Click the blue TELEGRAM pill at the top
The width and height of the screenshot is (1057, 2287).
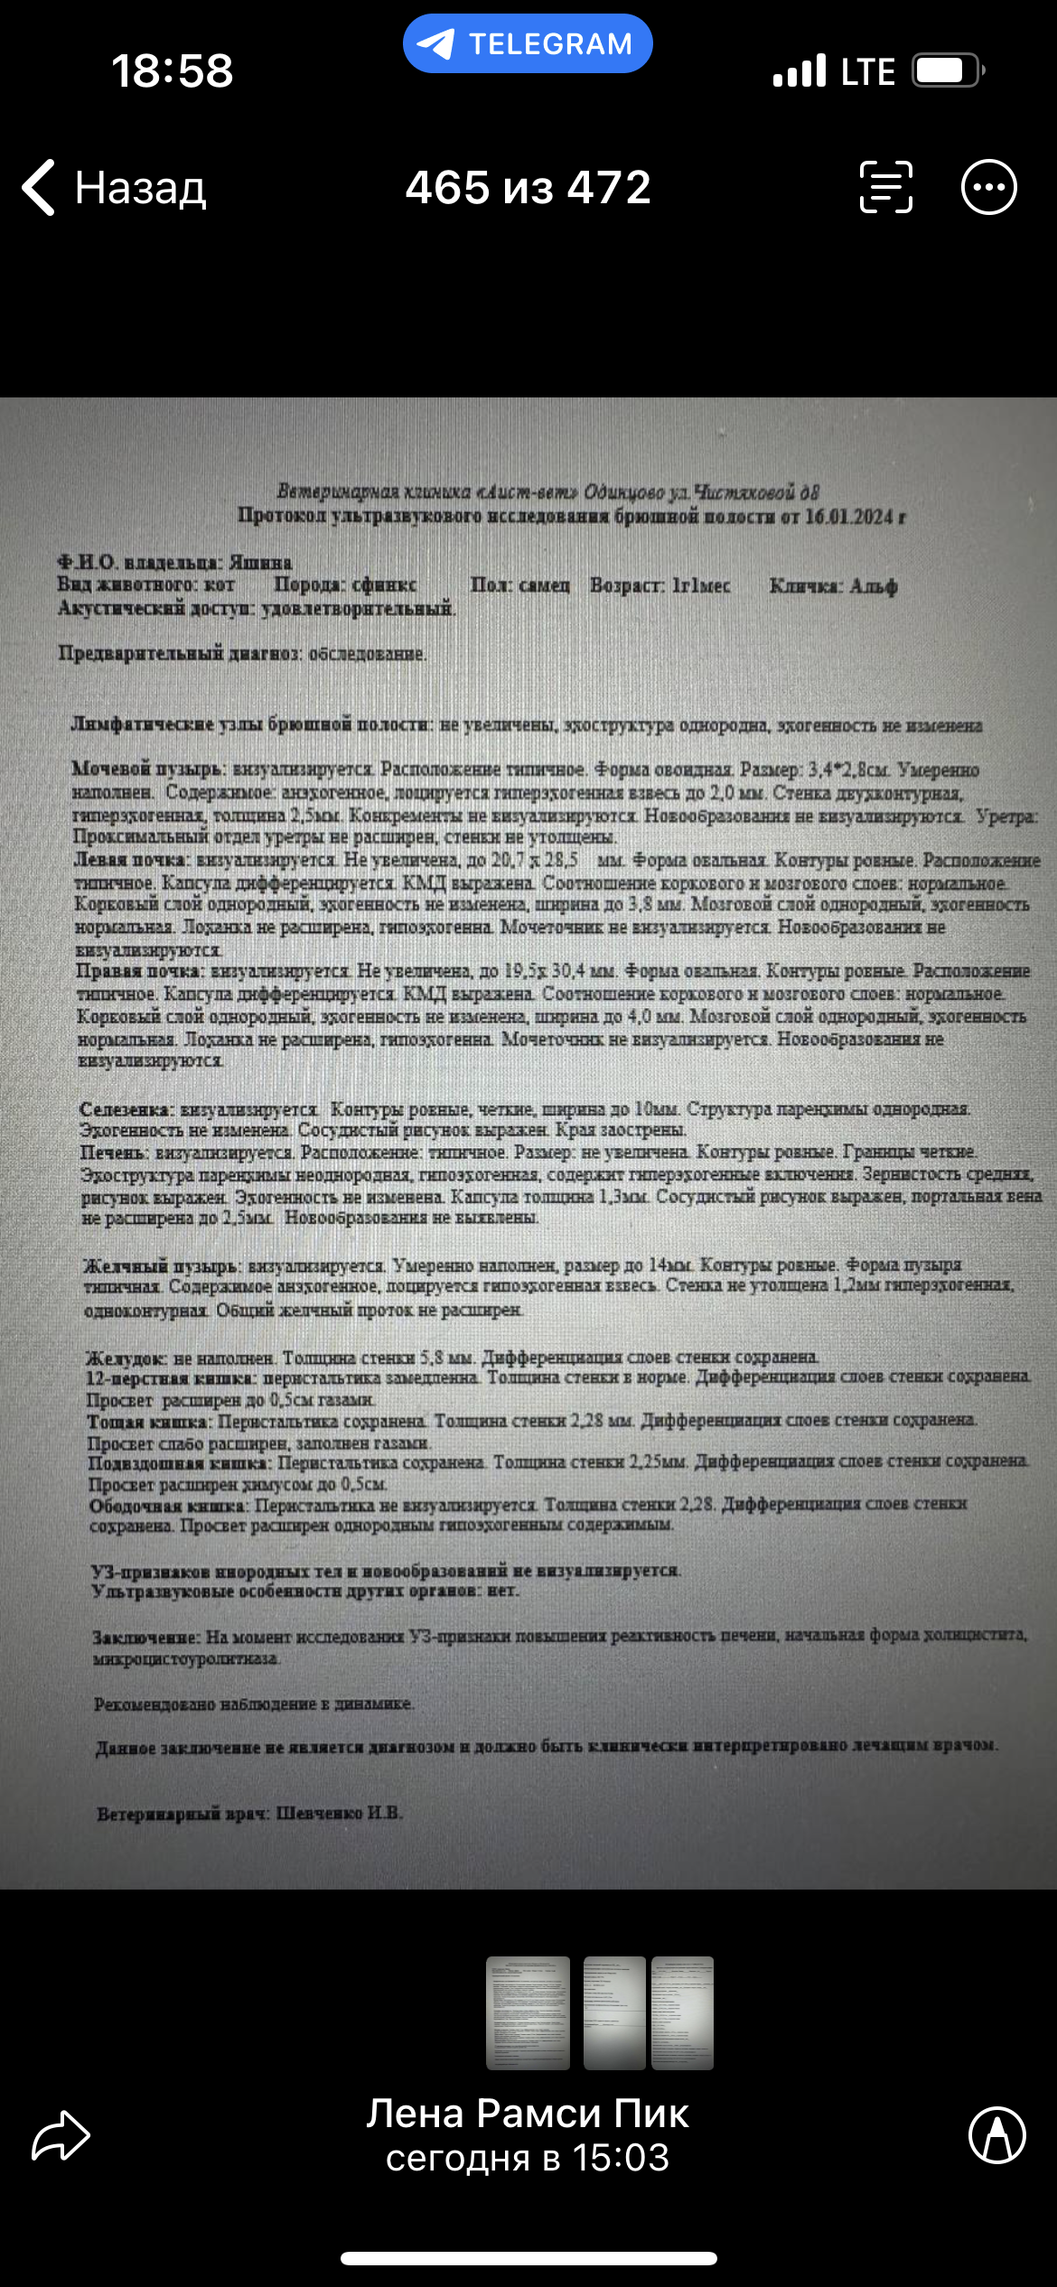pos(528,43)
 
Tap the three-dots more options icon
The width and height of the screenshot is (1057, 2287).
pos(988,188)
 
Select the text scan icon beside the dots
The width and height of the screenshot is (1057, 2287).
pos(885,188)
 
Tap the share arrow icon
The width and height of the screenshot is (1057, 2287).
pos(61,2135)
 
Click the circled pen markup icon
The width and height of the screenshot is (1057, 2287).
pos(996,2135)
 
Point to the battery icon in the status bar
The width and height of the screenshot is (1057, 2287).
pos(946,70)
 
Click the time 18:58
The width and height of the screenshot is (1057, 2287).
pos(172,70)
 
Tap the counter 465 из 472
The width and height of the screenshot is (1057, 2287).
pos(528,188)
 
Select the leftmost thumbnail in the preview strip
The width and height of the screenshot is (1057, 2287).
pos(528,2012)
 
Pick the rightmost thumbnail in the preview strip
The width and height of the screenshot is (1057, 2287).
pos(683,2012)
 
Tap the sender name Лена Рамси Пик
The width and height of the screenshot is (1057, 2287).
pos(528,2114)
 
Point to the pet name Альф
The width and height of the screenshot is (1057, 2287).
pos(873,586)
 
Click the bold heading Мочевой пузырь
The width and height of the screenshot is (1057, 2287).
pos(147,770)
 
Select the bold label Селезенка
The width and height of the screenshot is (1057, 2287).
pos(126,1109)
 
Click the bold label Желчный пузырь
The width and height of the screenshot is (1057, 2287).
pos(161,1265)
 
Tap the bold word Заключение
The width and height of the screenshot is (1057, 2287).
pos(146,1637)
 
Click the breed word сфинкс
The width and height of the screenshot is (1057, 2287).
pos(384,585)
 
